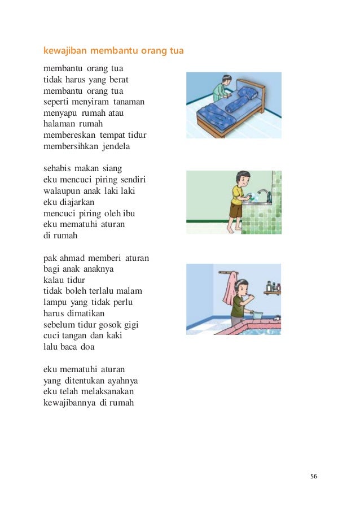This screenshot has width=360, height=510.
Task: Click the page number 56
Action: pos(314,476)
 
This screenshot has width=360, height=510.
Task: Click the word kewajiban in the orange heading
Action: pos(64,51)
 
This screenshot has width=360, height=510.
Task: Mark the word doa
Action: pos(87,346)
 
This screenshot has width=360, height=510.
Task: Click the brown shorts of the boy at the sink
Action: pos(236,211)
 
